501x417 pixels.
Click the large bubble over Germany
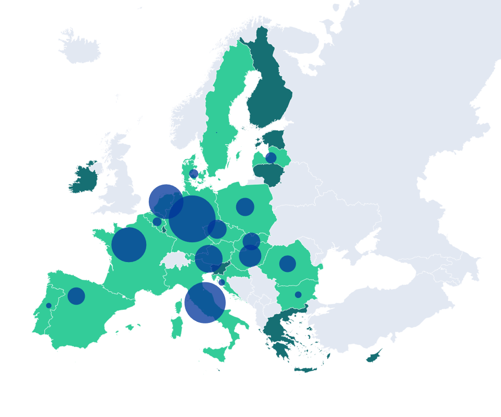point(192,219)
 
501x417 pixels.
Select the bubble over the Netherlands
point(166,201)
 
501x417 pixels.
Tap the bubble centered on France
point(129,244)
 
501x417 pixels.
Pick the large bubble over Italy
point(205,303)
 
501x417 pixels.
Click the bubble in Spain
point(76,296)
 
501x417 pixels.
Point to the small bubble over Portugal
point(49,306)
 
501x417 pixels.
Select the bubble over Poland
point(245,207)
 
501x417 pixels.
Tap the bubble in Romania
point(288,264)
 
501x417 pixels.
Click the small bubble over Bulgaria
point(298,295)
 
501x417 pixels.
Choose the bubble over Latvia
point(271,158)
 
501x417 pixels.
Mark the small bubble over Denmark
point(194,174)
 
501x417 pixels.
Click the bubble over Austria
point(209,258)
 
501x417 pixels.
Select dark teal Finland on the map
point(268,94)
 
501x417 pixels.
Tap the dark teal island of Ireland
point(83,179)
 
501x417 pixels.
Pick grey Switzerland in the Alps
point(174,259)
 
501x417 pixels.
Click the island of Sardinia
point(177,325)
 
